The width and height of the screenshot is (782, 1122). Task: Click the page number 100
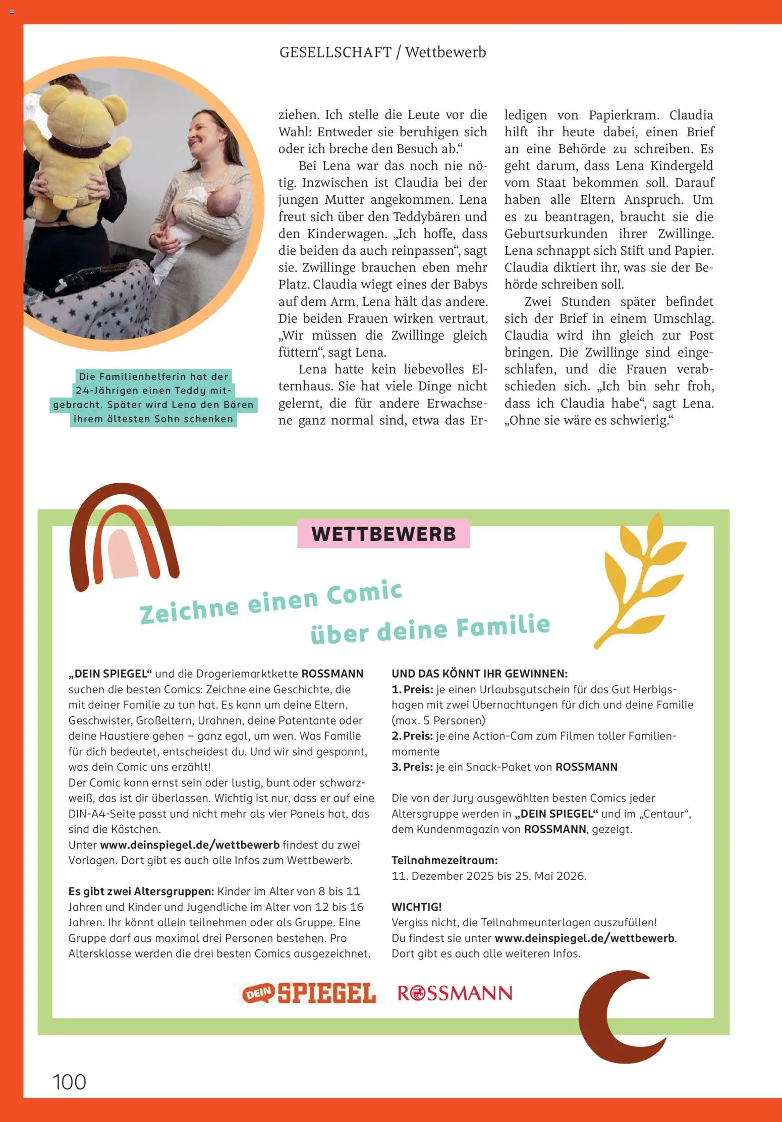click(70, 1082)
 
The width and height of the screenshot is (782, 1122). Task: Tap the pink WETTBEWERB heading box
click(383, 534)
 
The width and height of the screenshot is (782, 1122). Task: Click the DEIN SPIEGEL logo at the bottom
click(309, 993)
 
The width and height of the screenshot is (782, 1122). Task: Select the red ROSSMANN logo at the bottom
click(455, 993)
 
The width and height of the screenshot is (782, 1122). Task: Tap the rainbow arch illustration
click(124, 537)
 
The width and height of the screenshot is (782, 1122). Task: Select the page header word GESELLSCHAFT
click(336, 52)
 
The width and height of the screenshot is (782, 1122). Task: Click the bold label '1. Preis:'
click(413, 689)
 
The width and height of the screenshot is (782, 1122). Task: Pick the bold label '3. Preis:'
click(413, 767)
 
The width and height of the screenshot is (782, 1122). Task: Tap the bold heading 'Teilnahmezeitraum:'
click(444, 860)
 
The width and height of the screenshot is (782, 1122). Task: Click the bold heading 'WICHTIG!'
click(417, 907)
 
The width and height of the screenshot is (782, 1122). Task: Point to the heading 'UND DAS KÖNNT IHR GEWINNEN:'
click(479, 674)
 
